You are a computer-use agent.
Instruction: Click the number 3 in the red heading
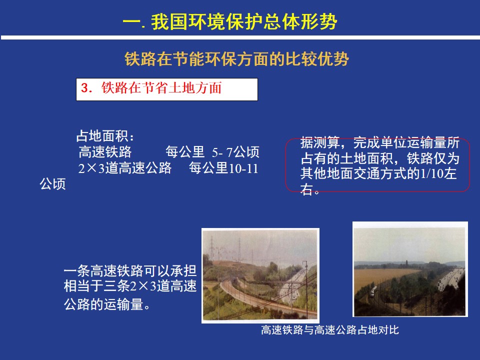[x=84, y=88]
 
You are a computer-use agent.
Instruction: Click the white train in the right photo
[x=373, y=290]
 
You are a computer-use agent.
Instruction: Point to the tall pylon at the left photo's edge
[x=211, y=248]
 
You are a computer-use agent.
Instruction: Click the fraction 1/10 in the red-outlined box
[x=431, y=173]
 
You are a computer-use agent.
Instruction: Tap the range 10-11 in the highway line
[x=243, y=168]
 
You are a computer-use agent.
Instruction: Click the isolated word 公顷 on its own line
[x=52, y=184]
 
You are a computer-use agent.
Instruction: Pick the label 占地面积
[x=102, y=136]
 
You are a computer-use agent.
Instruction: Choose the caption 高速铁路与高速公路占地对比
[x=330, y=330]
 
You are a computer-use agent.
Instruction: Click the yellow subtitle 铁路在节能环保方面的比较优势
[x=236, y=59]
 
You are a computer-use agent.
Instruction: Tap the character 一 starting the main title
[x=131, y=22]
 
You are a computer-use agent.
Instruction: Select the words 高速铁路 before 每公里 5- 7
[x=105, y=152]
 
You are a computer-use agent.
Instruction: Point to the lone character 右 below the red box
[x=306, y=189]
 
